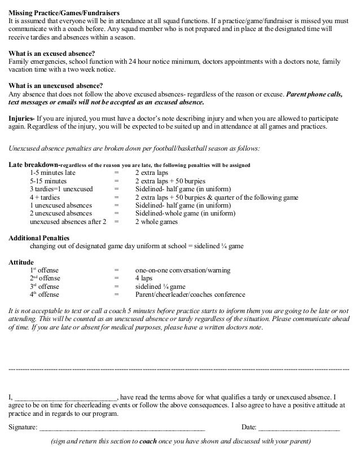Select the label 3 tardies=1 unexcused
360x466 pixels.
click(62, 189)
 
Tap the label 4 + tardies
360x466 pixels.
click(46, 197)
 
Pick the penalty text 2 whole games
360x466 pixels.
click(156, 222)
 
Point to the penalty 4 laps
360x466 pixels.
click(144, 279)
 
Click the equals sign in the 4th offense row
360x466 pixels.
click(116, 294)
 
